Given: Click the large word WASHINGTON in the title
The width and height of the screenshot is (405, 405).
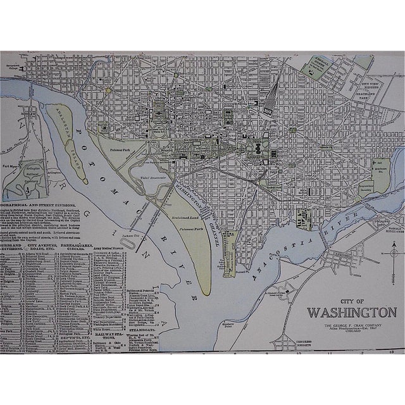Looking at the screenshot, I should (351, 312).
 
